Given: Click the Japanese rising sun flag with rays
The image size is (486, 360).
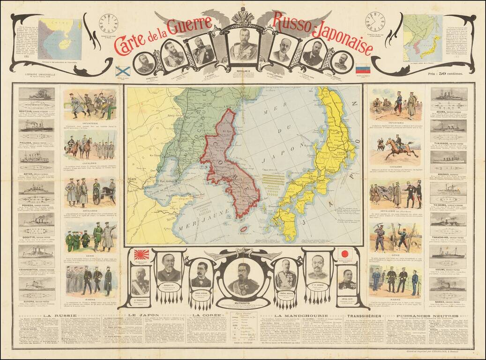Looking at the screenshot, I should [x=142, y=255].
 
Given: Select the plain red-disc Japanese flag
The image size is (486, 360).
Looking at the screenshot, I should [x=345, y=253].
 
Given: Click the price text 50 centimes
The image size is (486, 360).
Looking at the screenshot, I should [x=445, y=73].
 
